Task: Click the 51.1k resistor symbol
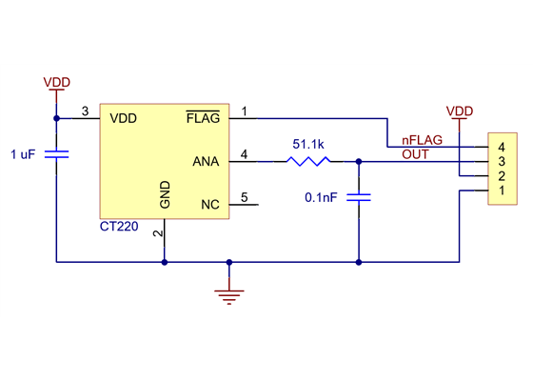[307, 162]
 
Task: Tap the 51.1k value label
[308, 144]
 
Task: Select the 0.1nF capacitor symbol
[359, 197]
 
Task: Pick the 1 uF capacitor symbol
[56, 153]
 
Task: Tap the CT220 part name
[119, 228]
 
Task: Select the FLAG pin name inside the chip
[203, 119]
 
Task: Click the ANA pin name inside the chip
[206, 161]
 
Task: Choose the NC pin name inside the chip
[210, 205]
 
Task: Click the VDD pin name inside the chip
[124, 119]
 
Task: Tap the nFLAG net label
[422, 140]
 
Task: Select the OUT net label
[415, 153]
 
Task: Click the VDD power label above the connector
[460, 111]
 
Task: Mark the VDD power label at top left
[57, 83]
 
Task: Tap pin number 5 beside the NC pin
[245, 197]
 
